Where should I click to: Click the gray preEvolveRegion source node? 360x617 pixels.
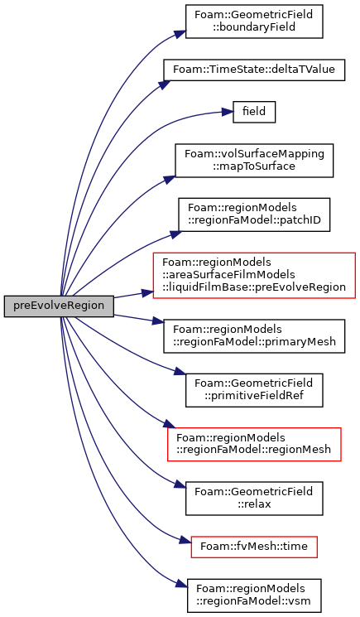(x=59, y=306)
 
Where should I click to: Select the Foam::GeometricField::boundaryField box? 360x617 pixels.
(x=254, y=22)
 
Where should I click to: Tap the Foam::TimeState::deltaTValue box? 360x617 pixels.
(x=254, y=70)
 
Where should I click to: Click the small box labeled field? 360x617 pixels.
(x=254, y=112)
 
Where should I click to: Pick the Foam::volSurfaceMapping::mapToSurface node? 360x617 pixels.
(x=254, y=161)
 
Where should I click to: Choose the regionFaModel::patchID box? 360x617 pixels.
(x=254, y=215)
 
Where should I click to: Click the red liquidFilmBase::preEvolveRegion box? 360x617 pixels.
(x=254, y=275)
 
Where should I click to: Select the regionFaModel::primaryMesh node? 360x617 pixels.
(x=254, y=335)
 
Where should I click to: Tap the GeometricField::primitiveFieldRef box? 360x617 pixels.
(x=254, y=390)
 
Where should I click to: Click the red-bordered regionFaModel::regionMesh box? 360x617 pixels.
(x=254, y=444)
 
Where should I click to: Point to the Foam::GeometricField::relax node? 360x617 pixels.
(x=254, y=499)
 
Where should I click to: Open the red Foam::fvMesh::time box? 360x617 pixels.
(x=254, y=547)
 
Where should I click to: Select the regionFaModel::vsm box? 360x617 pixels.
(x=254, y=595)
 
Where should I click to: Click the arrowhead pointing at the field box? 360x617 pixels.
(x=228, y=112)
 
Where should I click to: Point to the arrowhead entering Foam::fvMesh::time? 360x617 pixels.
(x=186, y=542)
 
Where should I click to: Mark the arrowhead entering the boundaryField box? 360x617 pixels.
(x=180, y=33)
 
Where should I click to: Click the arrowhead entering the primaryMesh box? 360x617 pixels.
(x=158, y=322)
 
